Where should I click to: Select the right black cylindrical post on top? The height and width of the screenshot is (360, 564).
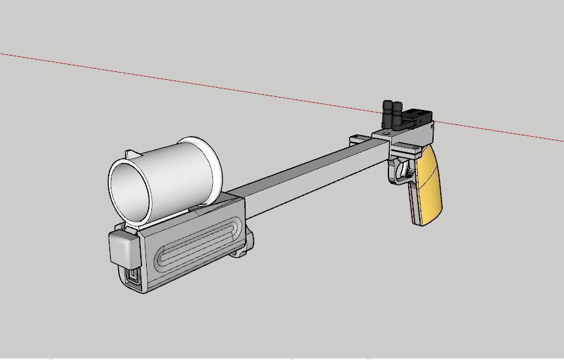(397, 115)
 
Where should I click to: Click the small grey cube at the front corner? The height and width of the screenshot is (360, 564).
(124, 247)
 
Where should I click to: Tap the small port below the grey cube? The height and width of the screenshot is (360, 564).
(133, 277)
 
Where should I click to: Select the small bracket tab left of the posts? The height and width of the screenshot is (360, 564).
(357, 139)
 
